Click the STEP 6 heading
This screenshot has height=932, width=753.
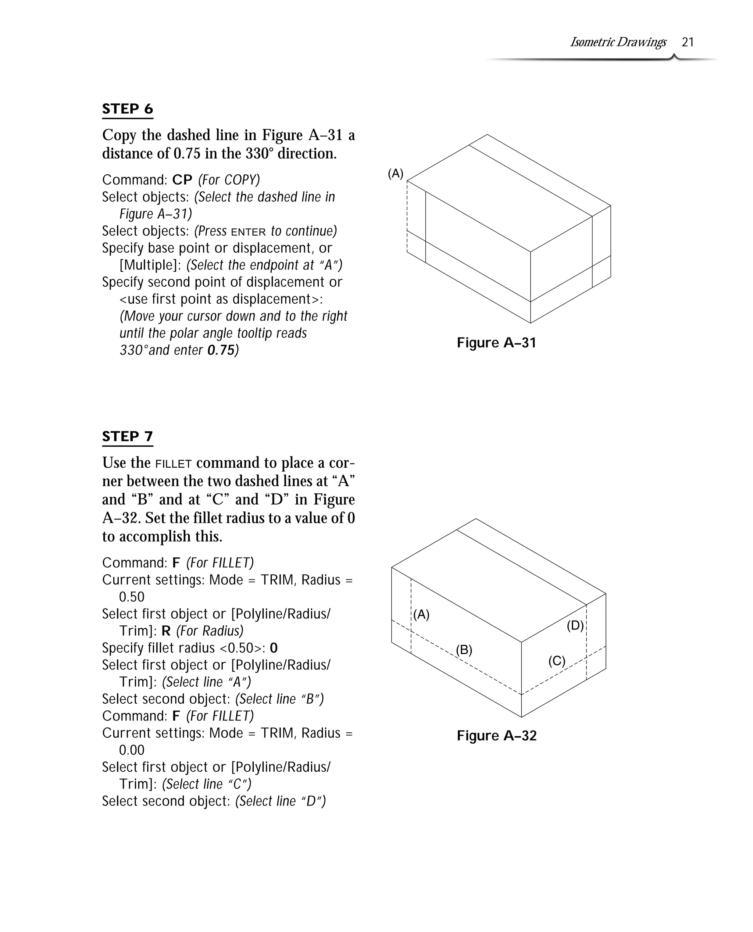128,108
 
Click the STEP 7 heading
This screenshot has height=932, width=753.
128,436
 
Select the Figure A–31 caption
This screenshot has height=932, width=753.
496,343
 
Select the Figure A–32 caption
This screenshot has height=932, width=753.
496,736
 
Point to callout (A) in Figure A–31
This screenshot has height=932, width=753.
395,174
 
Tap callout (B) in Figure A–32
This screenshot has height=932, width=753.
464,650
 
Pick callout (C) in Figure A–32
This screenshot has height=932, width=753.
557,661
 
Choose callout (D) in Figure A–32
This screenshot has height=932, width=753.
575,625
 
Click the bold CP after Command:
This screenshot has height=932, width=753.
182,179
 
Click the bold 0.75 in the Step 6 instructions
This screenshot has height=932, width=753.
221,350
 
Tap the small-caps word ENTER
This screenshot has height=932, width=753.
248,232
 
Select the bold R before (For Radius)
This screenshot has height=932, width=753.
166,631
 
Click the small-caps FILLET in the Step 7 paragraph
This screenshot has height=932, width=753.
173,464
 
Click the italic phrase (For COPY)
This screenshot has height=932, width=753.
229,179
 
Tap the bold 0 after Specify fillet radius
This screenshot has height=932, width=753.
274,648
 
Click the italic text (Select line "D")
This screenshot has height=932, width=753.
280,801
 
